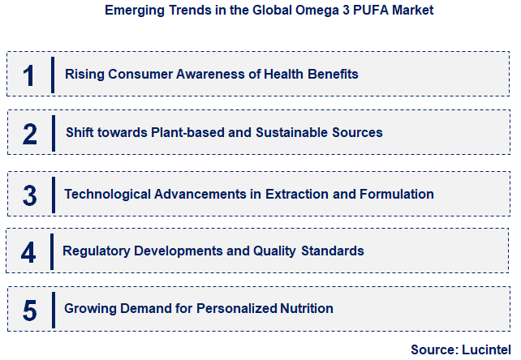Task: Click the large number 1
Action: tap(29, 75)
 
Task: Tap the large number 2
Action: tap(29, 133)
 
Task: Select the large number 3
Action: tap(29, 195)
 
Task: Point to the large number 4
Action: tap(28, 251)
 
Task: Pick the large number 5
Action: tap(29, 310)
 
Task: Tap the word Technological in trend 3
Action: tap(105, 195)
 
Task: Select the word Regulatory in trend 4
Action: tap(97, 251)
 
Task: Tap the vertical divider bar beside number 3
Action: tap(54, 195)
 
